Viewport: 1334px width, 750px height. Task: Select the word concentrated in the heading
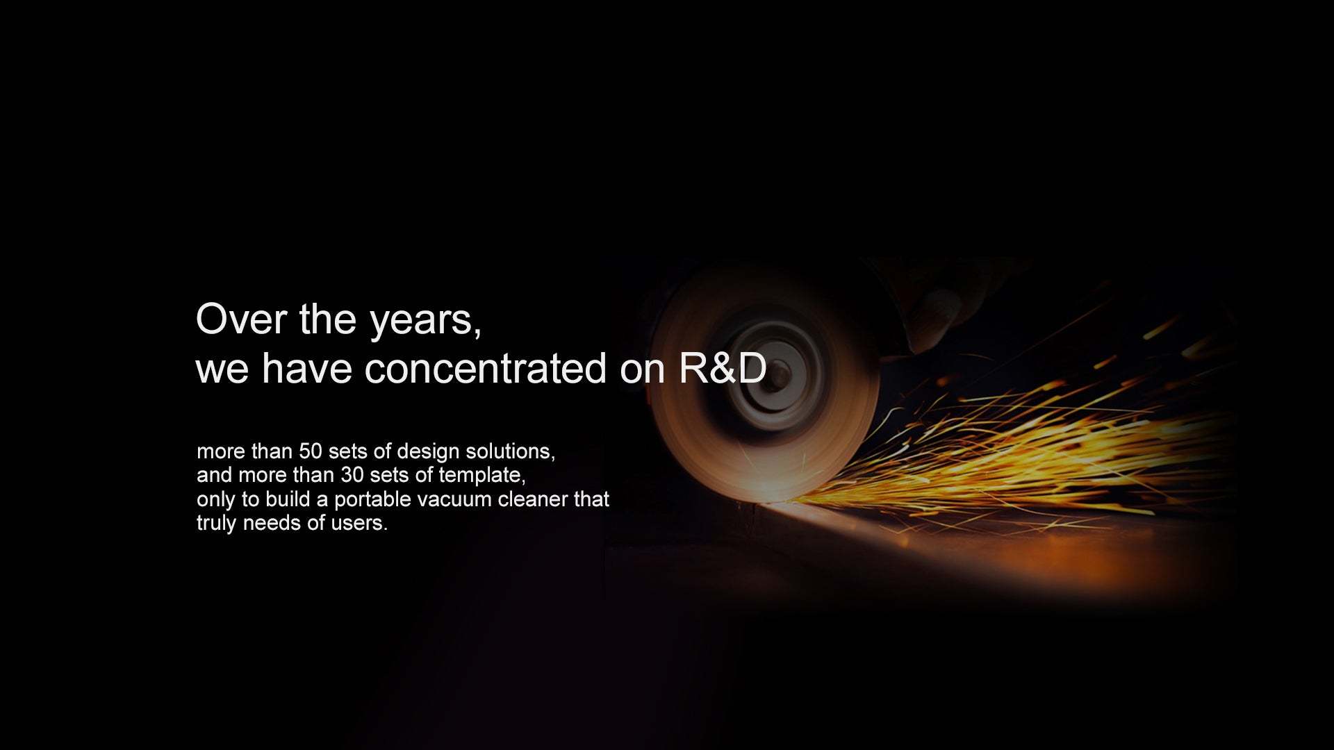(x=486, y=369)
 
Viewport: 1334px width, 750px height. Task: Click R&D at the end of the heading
(x=723, y=369)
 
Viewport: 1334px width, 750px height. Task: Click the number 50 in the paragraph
(x=311, y=452)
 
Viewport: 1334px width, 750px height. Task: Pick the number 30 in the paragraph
(x=352, y=476)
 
